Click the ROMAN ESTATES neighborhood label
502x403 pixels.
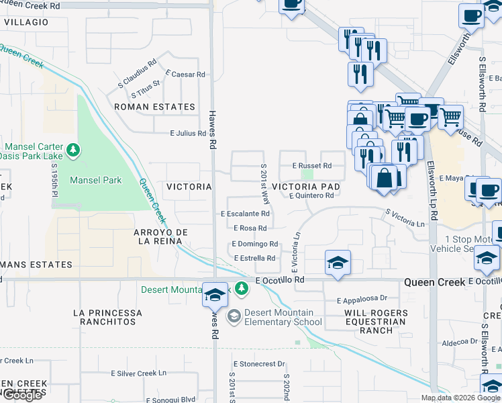click(x=154, y=107)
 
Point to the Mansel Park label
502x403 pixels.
click(x=96, y=180)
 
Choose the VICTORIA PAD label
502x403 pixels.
click(x=305, y=186)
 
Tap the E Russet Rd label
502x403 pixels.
click(x=312, y=165)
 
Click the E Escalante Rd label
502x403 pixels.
click(x=245, y=214)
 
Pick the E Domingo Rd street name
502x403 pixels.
click(x=255, y=244)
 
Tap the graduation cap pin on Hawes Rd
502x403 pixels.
click(x=215, y=294)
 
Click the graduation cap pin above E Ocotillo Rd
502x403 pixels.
click(x=338, y=263)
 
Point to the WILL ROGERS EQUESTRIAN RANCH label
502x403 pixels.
click(x=376, y=322)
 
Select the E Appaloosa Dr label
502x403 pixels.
click(x=362, y=298)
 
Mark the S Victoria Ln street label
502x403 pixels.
click(x=405, y=218)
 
